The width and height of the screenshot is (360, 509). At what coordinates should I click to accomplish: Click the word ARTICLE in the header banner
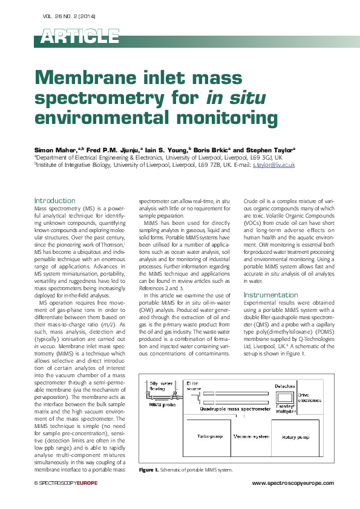tap(80, 37)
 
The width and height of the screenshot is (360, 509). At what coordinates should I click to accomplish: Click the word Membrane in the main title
tap(87, 79)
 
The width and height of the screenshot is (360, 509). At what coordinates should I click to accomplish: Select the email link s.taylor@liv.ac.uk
tap(273, 164)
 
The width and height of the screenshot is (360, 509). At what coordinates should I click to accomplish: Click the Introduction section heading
tap(54, 200)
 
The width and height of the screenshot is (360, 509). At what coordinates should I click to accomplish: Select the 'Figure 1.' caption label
tap(148, 470)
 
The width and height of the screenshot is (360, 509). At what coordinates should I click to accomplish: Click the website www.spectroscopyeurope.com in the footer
tap(292, 482)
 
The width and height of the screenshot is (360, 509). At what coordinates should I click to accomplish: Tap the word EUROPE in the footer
tap(82, 482)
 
